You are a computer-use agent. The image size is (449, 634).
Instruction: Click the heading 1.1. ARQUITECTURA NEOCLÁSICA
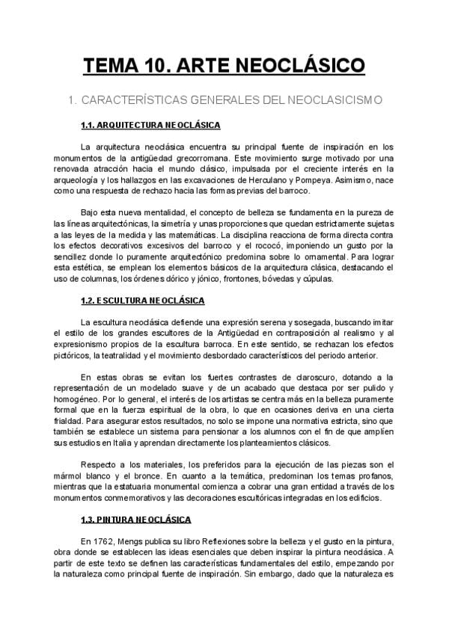coord(150,125)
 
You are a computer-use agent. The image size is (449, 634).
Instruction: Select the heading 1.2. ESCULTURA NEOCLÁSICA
coord(142,301)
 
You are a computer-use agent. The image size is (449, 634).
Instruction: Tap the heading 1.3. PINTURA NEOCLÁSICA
coord(136,519)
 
